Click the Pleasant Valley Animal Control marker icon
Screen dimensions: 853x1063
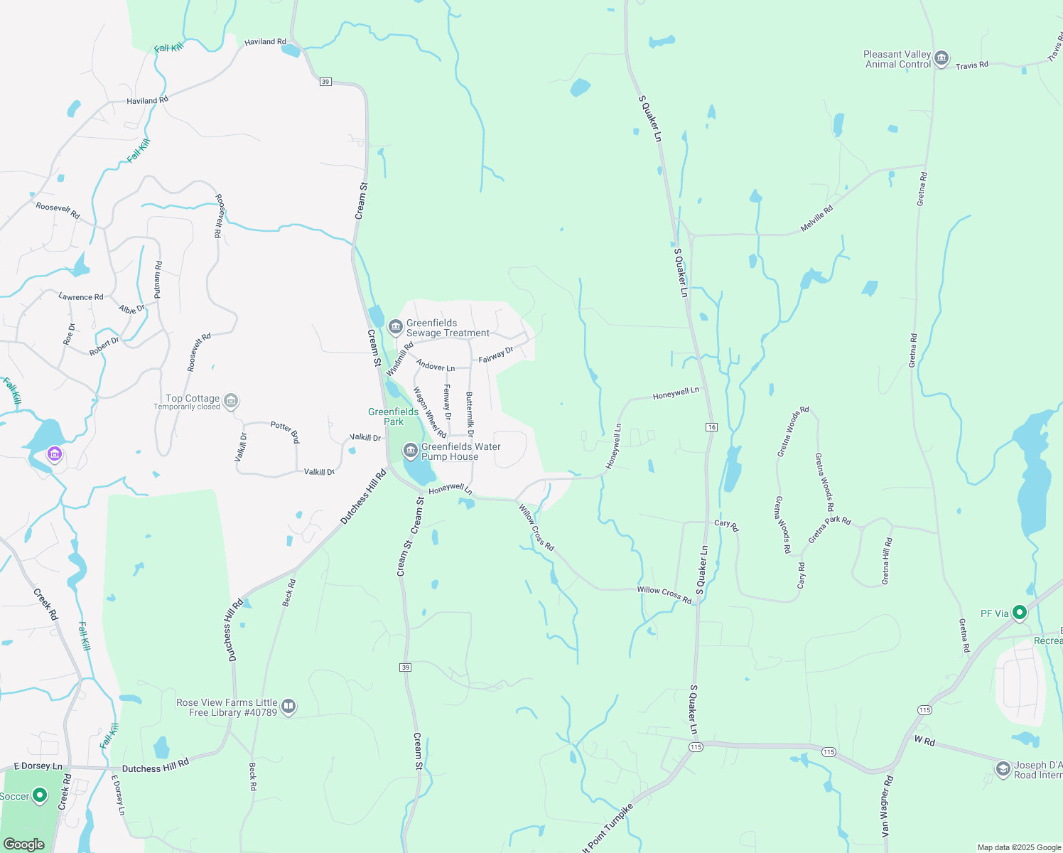tap(941, 59)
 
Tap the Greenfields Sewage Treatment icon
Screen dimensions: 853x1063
tap(396, 328)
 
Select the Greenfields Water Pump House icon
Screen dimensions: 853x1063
tap(410, 451)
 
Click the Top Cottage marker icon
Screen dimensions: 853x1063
tap(230, 402)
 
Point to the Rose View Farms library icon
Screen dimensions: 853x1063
tap(288, 707)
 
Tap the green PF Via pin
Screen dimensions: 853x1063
tap(1020, 612)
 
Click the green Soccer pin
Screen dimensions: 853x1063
tap(40, 795)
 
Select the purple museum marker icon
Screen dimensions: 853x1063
tap(54, 454)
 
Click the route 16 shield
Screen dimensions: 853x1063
tap(711, 426)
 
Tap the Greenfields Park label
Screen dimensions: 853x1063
tap(393, 417)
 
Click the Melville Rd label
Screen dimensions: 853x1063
tap(816, 219)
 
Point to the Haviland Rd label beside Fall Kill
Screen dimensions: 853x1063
tap(265, 42)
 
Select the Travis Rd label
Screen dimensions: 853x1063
tap(972, 65)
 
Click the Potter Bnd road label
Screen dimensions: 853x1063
tap(285, 431)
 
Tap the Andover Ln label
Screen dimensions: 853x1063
tap(436, 366)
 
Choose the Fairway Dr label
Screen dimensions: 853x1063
tap(496, 355)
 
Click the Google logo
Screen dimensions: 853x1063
tap(24, 844)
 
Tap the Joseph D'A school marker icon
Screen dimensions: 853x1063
tap(1003, 769)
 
